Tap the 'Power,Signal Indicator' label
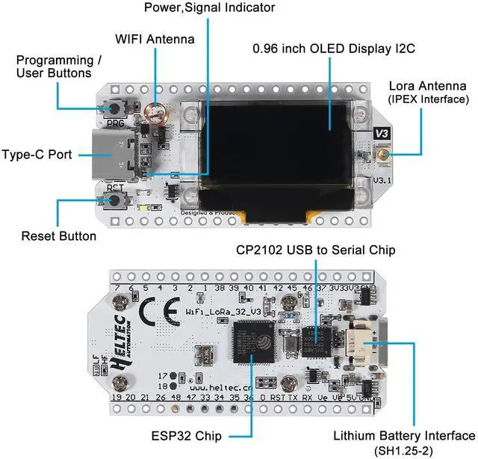pyautogui.click(x=210, y=8)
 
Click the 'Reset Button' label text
pyautogui.click(x=59, y=236)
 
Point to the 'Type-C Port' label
pyautogui.click(x=37, y=155)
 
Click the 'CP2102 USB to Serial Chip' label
pyautogui.click(x=315, y=249)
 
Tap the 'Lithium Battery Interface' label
pyautogui.click(x=404, y=435)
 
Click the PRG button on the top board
pyautogui.click(x=116, y=108)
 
